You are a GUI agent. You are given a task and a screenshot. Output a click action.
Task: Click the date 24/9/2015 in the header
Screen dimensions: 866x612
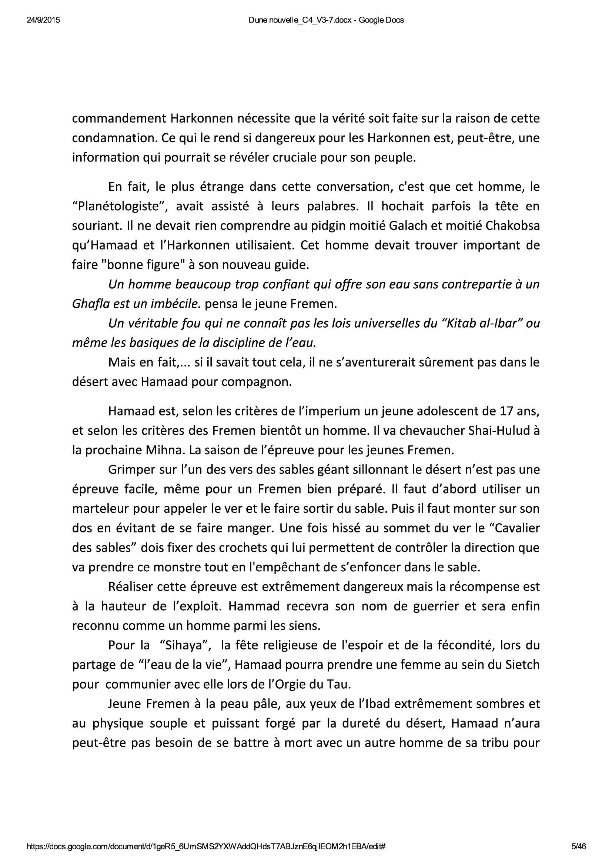pyautogui.click(x=43, y=20)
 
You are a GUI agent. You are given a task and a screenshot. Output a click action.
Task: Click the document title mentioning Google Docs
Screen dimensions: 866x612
pyautogui.click(x=326, y=20)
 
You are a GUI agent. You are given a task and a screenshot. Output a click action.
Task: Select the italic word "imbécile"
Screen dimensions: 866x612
pyautogui.click(x=175, y=304)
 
